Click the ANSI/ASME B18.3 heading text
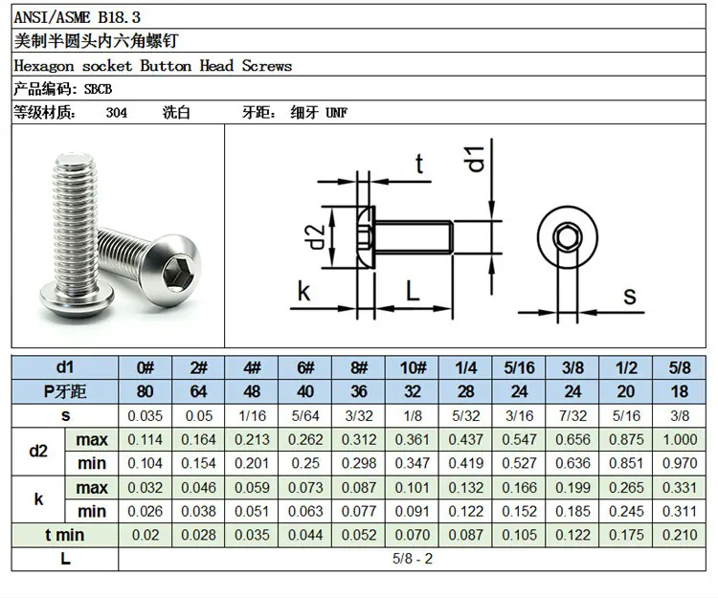tap(77, 17)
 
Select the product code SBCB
tap(98, 89)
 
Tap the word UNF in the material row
tap(337, 113)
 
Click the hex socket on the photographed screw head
tap(176, 270)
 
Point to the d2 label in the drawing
tap(317, 236)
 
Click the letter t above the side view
tap(419, 164)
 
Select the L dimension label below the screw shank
tap(413, 291)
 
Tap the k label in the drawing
tap(304, 291)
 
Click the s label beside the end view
tap(630, 297)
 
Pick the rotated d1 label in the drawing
tap(476, 159)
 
